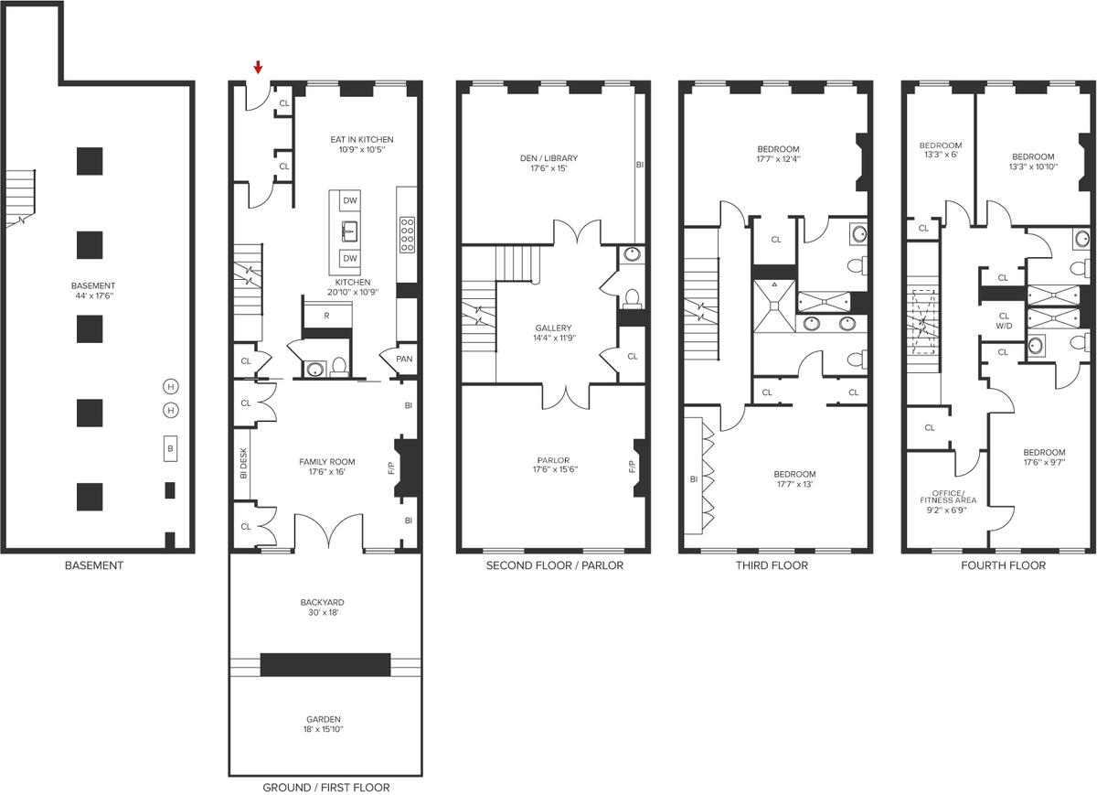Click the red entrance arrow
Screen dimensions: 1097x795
[x=258, y=68]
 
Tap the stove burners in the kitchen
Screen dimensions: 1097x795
[x=408, y=235]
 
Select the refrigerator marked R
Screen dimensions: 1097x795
[x=326, y=317]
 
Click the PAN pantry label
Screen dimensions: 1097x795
[x=404, y=359]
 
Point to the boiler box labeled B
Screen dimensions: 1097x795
[x=170, y=448]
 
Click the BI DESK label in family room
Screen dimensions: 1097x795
[x=243, y=463]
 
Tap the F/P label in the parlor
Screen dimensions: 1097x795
[x=632, y=467]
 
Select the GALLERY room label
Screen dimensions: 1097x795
[x=553, y=328]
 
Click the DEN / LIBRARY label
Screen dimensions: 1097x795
[x=549, y=158]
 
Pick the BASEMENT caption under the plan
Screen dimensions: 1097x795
[x=94, y=565]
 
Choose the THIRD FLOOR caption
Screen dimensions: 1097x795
[x=772, y=565]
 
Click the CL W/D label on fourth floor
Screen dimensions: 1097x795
[x=1004, y=321]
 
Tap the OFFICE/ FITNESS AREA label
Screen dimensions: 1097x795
[x=948, y=497]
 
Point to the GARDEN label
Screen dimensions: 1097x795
[x=324, y=719]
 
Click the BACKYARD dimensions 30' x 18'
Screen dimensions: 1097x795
[x=324, y=612]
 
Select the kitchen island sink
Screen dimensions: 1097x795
[x=349, y=231]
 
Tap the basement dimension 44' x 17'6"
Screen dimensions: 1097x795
[x=94, y=295]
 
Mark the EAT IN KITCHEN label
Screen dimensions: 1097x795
[x=362, y=140]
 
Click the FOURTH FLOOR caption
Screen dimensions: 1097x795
[x=1004, y=565]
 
